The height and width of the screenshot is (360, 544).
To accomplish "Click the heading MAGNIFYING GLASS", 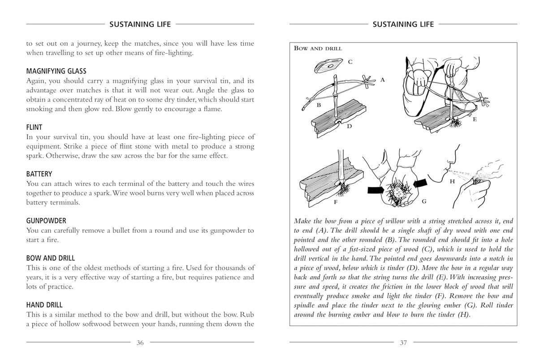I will [56, 71].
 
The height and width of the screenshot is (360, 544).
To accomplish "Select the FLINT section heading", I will [34, 128].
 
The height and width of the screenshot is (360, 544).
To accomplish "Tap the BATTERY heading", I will [39, 174].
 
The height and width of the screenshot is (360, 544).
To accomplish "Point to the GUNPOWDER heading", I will [46, 221].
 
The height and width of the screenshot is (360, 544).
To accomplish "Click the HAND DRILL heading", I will [44, 305].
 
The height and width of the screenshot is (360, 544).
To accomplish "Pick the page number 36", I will [140, 343].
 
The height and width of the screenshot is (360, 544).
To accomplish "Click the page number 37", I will [403, 343].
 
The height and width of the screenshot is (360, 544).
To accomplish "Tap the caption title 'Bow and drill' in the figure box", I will [318, 48].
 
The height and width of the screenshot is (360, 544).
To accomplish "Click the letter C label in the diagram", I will [350, 62].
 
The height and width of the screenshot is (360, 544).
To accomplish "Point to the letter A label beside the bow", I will [382, 80].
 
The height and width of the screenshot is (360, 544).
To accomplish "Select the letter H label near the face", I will [452, 181].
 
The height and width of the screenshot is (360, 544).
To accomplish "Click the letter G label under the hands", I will [424, 201].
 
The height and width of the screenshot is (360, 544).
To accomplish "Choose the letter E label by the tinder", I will [475, 120].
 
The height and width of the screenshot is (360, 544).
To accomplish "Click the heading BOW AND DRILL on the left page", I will [50, 258].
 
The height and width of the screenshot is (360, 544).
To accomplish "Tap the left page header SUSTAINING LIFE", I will [140, 24].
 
